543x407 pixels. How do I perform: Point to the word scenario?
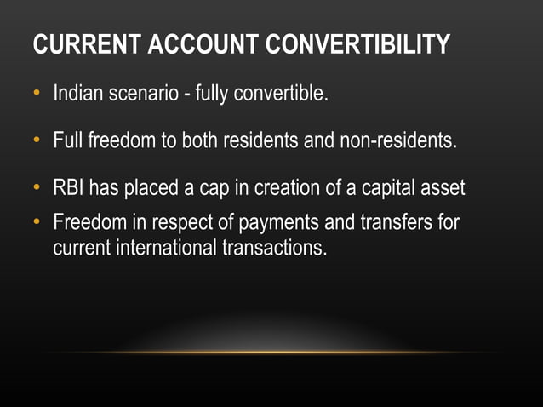tap(146, 93)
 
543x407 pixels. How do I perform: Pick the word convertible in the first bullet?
tap(284, 93)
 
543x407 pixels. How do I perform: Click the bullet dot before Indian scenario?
tap(37, 93)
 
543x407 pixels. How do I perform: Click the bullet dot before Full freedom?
tap(37, 140)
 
